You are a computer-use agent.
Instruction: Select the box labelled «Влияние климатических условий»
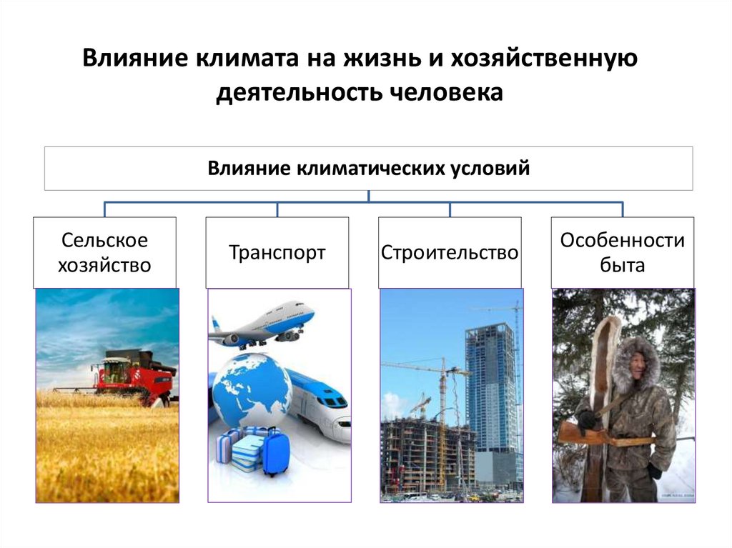[368, 169]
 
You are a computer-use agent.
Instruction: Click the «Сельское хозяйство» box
[105, 253]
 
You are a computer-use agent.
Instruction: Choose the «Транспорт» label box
[277, 253]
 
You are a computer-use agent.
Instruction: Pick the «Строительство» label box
[450, 253]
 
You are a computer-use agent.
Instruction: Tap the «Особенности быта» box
[622, 253]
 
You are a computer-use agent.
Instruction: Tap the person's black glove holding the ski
[588, 420]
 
